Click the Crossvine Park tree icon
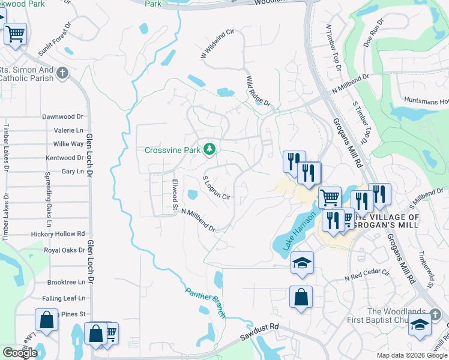point(209,149)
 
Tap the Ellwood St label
point(175,194)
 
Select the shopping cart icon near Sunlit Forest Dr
point(15,34)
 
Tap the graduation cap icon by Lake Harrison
point(302,262)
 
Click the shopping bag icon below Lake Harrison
point(301,296)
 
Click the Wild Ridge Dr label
point(259,91)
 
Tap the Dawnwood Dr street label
point(62,116)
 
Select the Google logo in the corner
point(20,353)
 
